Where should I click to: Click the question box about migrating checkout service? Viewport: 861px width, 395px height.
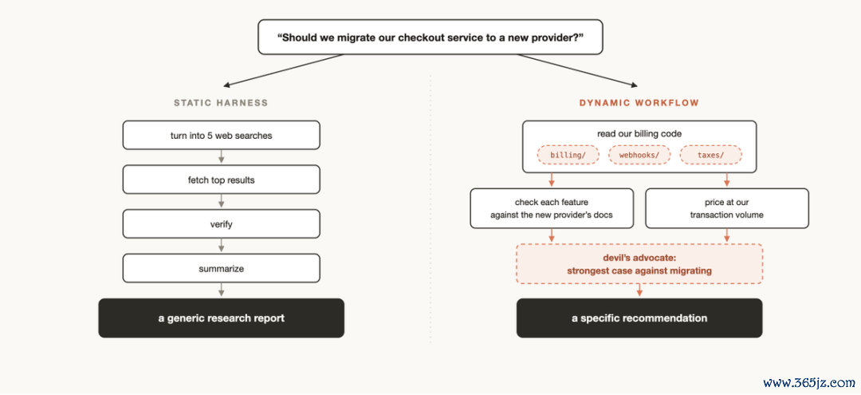430,38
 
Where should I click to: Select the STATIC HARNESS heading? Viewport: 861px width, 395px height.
221,103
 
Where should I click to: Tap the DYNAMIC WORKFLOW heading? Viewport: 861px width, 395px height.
639,103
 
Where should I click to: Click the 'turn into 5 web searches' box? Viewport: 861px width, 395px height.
222,135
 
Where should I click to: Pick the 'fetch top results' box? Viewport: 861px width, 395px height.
222,180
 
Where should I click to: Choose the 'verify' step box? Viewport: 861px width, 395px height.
222,224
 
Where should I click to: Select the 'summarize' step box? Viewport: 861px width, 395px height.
222,269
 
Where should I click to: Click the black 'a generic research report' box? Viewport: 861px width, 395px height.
222,318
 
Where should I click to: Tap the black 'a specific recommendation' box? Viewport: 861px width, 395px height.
639,318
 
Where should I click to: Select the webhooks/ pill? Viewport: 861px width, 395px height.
639,155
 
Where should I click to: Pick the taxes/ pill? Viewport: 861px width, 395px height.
711,155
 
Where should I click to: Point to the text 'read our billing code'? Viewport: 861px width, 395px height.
639,134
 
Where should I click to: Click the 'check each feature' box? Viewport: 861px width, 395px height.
552,208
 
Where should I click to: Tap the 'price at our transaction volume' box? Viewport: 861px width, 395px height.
726,208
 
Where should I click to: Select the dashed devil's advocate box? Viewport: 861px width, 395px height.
639,263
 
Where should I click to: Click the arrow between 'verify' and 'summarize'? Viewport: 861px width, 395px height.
222,246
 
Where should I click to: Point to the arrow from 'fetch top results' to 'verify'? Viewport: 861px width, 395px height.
222,202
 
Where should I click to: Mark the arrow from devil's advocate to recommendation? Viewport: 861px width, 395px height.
639,291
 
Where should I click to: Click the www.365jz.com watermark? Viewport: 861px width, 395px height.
809,382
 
